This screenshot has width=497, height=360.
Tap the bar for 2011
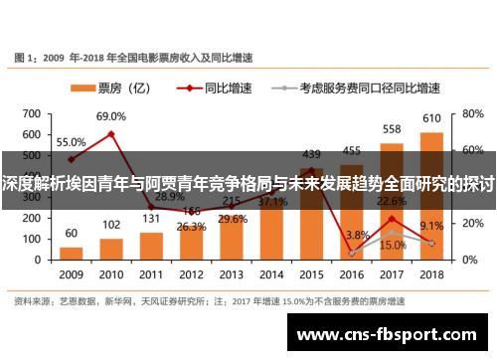click(x=151, y=245)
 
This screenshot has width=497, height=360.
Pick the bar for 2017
click(x=392, y=203)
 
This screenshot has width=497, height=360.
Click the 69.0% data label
click(x=110, y=117)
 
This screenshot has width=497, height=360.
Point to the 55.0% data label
click(x=71, y=142)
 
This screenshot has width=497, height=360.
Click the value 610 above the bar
click(x=431, y=119)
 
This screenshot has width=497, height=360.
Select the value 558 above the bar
click(x=392, y=129)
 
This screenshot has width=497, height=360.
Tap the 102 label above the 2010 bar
click(x=111, y=224)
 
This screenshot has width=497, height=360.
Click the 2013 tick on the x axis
click(x=231, y=273)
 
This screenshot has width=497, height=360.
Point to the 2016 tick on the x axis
click(x=351, y=273)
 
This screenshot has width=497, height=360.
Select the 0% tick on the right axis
click(x=466, y=258)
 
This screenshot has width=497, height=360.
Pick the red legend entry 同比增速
click(x=218, y=88)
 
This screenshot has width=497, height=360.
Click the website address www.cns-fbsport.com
click(x=393, y=335)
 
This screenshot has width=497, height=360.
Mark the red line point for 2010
click(x=110, y=133)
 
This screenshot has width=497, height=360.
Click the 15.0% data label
click(x=393, y=244)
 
